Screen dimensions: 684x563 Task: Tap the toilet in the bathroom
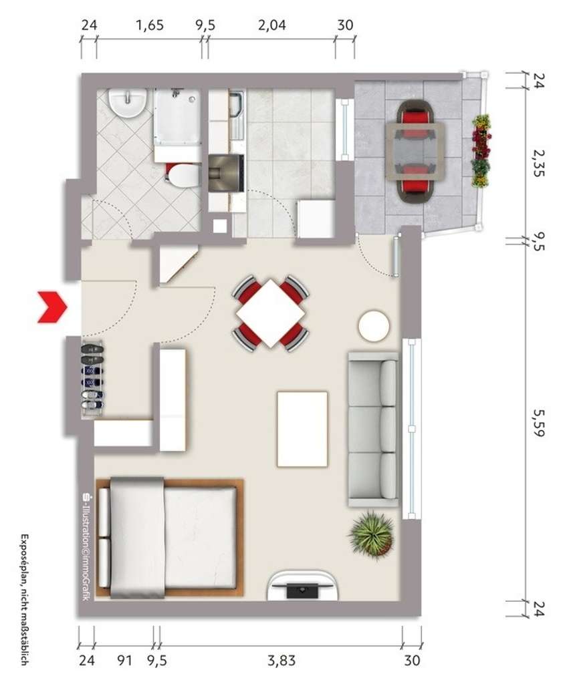pyautogui.click(x=182, y=176)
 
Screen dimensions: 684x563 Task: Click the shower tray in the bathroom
pyautogui.click(x=177, y=117)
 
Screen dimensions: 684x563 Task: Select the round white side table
pyautogui.click(x=373, y=326)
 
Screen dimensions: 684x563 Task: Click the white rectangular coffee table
pyautogui.click(x=302, y=429)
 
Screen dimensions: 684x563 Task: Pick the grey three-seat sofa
pyautogui.click(x=373, y=431)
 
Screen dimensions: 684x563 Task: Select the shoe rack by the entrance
pyautogui.click(x=92, y=379)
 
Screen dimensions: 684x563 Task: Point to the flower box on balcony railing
pyautogui.click(x=480, y=151)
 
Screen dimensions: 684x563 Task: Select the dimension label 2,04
pyautogui.click(x=271, y=26)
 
